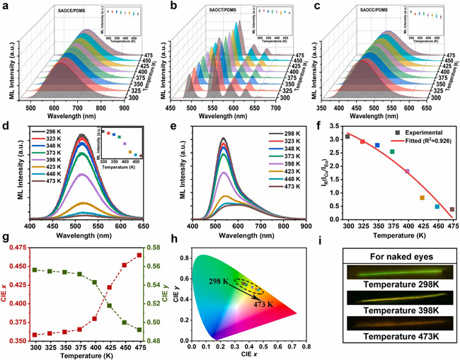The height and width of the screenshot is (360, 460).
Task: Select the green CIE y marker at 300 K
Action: pos(35,269)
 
